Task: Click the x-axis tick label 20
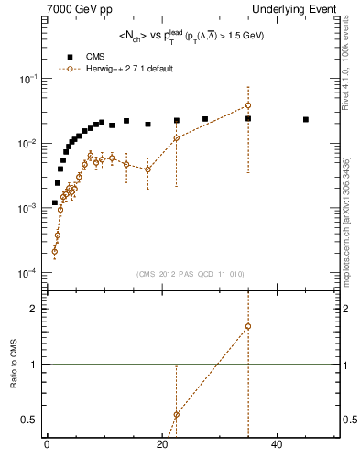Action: pos(162,446)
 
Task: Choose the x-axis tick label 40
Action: pos(278,446)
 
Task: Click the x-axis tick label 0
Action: pos(47,446)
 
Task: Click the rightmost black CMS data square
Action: pos(306,119)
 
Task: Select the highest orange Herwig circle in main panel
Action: pos(248,105)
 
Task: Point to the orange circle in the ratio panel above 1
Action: pos(248,326)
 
